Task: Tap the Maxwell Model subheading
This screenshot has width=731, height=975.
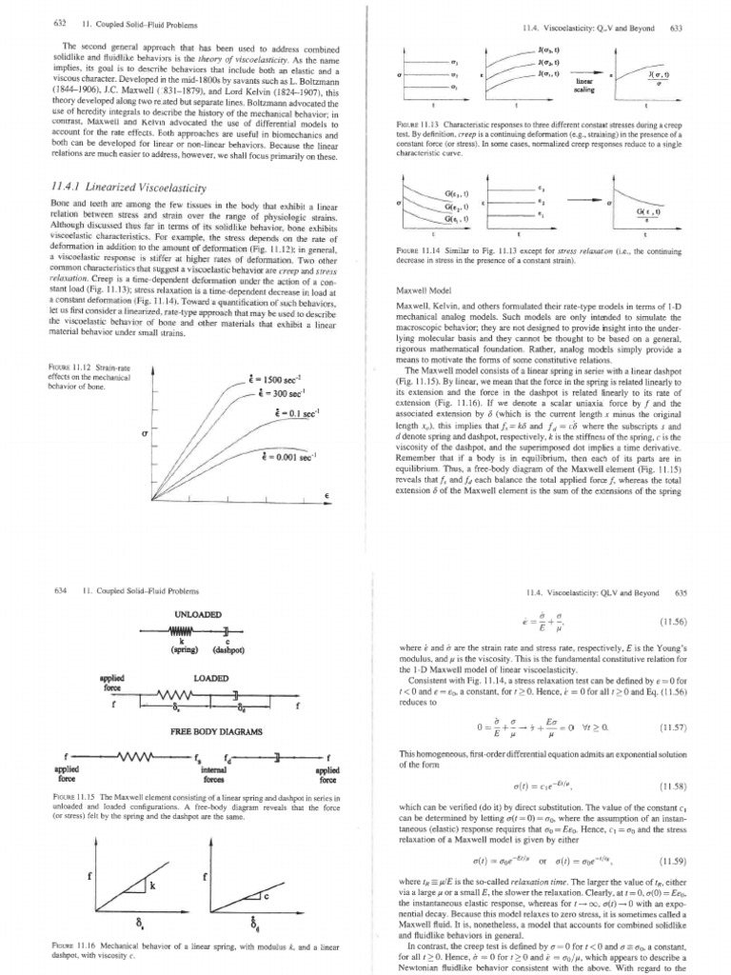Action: pyautogui.click(x=421, y=289)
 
